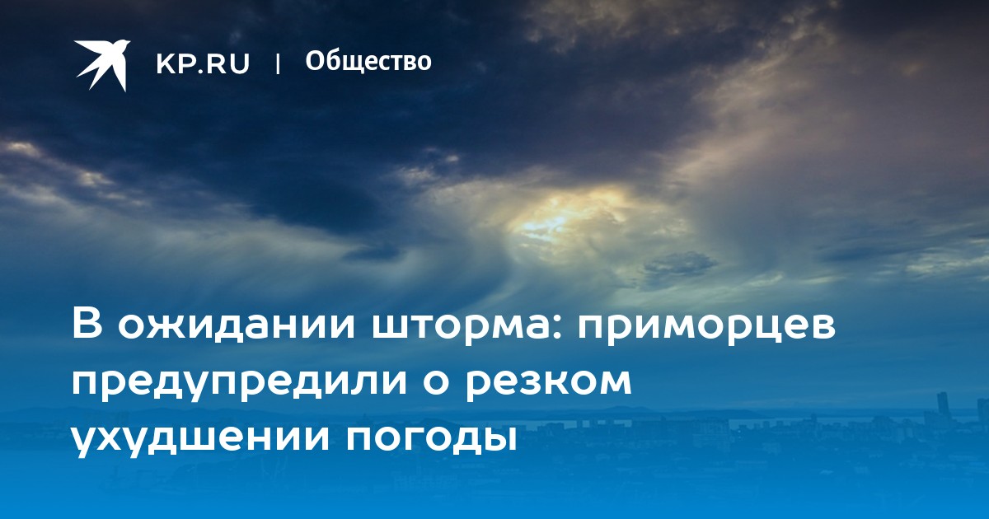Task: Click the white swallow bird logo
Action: [102, 65]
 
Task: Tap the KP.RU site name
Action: [203, 63]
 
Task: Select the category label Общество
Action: [368, 61]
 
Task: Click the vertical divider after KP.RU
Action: [278, 63]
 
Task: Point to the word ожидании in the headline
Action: [236, 325]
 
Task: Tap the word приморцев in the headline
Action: [706, 328]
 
